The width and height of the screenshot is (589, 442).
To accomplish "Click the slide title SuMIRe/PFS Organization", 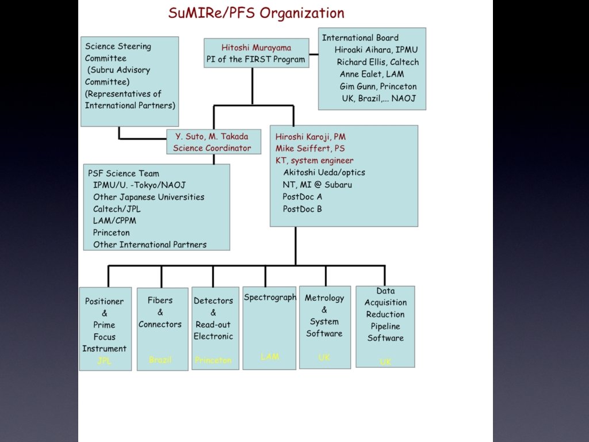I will pos(256,13).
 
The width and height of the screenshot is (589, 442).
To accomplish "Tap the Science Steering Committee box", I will pos(129,81).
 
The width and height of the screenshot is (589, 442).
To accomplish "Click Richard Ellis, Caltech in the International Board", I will pos(377,62).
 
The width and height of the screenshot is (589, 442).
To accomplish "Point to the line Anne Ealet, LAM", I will pos(372,74).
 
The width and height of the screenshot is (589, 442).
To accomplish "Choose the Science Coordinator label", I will pos(212,148).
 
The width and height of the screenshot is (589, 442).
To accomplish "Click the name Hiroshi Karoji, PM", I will pos(310,137).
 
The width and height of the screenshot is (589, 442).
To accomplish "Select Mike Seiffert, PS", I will pos(310,149).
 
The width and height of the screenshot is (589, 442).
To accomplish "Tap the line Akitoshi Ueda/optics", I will pos(324,172).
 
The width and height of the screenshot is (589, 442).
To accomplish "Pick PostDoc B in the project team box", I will pos(302,209).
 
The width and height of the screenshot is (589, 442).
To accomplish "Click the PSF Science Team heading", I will pos(123,173).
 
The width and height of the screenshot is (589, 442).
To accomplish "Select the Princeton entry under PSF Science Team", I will pos(111,233).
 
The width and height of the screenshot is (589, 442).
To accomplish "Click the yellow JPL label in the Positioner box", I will pos(105,361).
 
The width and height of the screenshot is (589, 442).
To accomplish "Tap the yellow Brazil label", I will pos(160,360).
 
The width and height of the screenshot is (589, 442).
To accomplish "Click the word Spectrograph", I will pos(270,298).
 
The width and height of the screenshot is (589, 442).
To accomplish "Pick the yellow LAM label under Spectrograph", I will pos(270,357).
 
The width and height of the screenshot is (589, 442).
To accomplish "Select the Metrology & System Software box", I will pos(324,327).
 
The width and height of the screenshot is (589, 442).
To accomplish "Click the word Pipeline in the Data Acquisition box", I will pos(385,326).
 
